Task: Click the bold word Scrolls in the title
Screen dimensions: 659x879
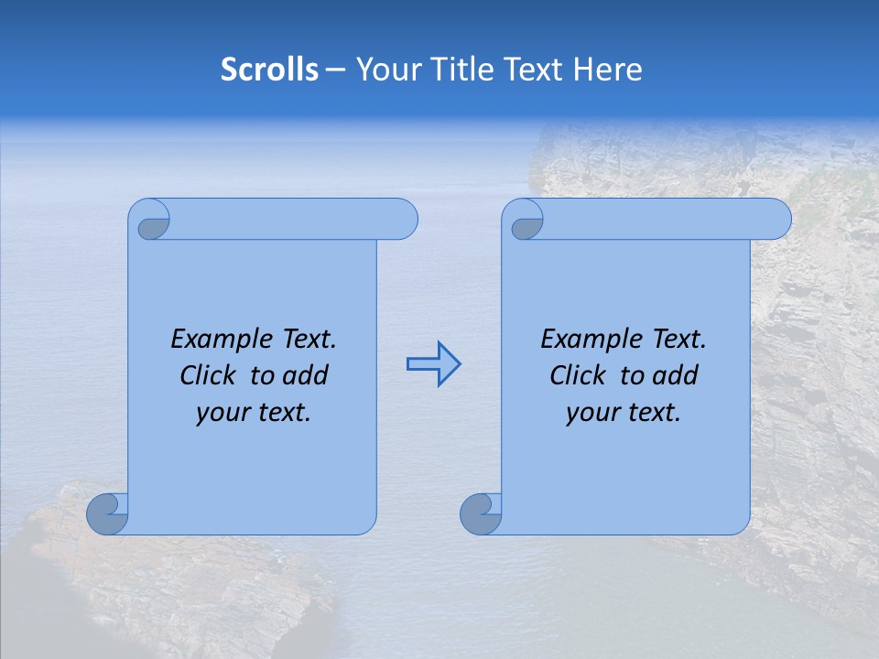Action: tap(269, 70)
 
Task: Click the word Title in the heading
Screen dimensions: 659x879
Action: tap(458, 70)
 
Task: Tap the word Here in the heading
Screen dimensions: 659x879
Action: tap(607, 70)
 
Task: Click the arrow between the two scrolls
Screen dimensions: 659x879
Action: tap(433, 364)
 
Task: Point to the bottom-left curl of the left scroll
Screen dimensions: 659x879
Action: tap(107, 513)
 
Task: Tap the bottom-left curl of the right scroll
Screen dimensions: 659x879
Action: tap(481, 513)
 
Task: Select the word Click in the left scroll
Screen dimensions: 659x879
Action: tap(211, 376)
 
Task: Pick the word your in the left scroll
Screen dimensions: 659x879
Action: tap(221, 414)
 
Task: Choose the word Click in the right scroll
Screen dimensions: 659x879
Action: tap(581, 376)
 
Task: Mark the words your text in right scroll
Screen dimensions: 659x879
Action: tap(623, 414)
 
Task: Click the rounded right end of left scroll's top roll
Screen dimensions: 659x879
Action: tap(403, 220)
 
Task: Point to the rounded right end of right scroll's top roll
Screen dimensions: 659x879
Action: tap(776, 220)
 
